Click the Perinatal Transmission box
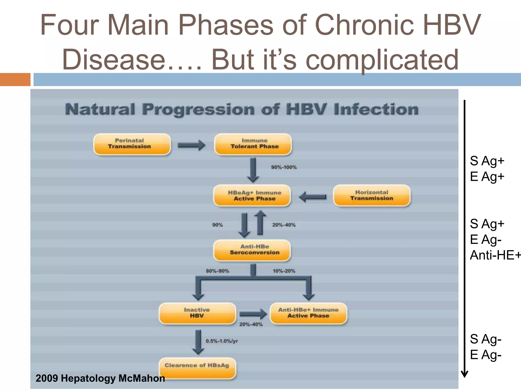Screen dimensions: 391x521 click(132, 144)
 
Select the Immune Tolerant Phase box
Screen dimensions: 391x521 click(253, 144)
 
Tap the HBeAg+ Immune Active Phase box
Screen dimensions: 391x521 click(252, 195)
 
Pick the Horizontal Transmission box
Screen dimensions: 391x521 click(372, 195)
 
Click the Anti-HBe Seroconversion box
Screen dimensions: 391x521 click(252, 250)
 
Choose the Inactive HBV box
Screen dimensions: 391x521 click(197, 313)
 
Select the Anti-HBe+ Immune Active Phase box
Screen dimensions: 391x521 click(308, 313)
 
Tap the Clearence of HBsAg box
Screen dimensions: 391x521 click(197, 368)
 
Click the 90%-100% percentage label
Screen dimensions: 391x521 click(284, 167)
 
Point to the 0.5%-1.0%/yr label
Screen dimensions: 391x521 click(222, 341)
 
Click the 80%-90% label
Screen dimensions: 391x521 click(218, 271)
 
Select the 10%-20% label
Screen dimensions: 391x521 click(284, 271)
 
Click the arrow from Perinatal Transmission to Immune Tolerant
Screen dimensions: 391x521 click(191, 145)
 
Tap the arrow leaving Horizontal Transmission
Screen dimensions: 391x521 click(313, 197)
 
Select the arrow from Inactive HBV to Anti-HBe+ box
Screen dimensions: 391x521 click(253, 314)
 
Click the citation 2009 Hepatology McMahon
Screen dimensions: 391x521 click(100, 378)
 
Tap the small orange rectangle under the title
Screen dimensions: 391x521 click(15, 79)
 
